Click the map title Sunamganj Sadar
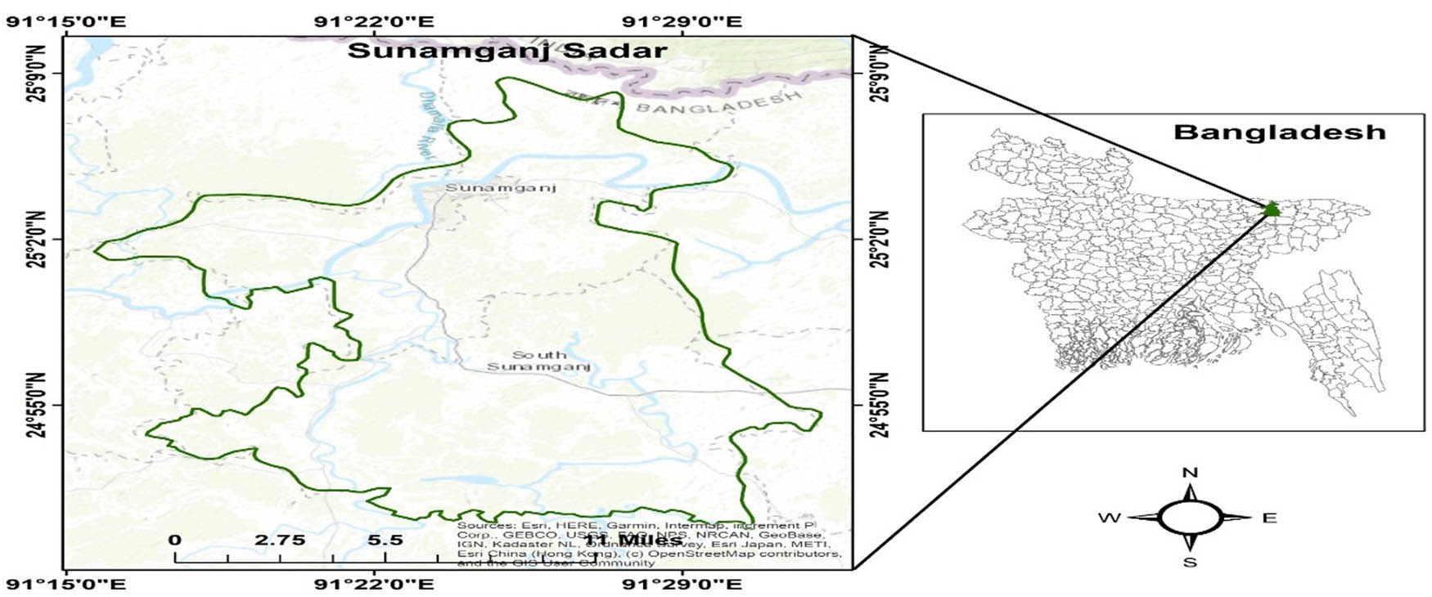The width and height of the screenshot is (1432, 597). coord(507,51)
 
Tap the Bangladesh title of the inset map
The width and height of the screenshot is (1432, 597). coord(1279,132)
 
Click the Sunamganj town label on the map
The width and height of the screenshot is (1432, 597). coord(500,188)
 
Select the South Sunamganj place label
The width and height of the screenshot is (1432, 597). coord(538,361)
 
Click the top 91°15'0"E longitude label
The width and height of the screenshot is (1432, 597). coord(66,20)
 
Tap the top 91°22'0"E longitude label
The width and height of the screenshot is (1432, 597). coord(375,20)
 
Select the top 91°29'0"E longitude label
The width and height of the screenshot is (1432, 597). coord(682,20)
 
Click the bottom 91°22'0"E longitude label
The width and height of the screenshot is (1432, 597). coord(375,584)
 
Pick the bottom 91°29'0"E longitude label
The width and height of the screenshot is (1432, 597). coord(682,584)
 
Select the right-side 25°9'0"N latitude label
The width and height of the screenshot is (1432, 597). coord(880,74)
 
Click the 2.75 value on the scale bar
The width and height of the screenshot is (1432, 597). coord(279,541)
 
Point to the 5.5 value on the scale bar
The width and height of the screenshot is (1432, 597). coord(385,541)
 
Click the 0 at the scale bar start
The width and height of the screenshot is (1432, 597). coord(175,541)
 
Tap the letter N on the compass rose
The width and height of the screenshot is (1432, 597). coord(1191,473)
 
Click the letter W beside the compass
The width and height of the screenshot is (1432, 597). coord(1110,518)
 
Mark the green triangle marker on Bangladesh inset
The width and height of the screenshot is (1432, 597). coord(1271,209)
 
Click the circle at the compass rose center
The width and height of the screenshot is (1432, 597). coord(1191,518)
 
